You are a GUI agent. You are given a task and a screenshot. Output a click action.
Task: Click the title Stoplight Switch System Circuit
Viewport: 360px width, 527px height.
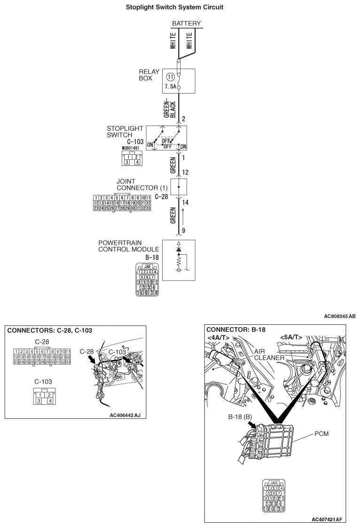click(x=180, y=7)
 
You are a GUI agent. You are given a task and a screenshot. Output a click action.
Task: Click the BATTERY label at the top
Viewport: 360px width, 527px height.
click(x=186, y=24)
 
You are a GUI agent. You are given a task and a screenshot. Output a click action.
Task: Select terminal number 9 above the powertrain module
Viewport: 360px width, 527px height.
click(x=183, y=231)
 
